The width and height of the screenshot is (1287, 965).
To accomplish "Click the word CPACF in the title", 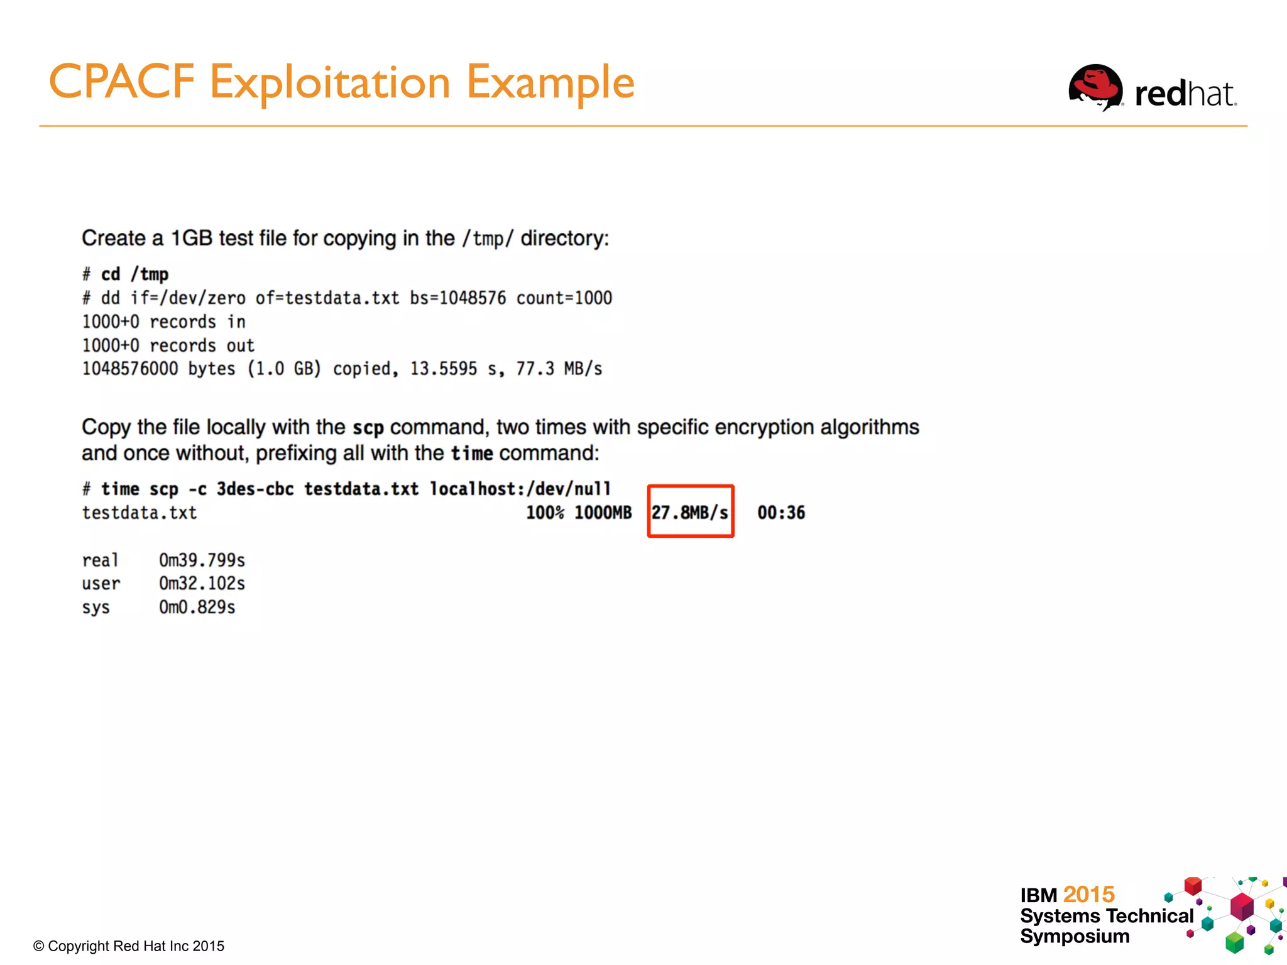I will [x=122, y=82].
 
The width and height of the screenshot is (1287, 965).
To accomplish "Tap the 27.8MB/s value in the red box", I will [x=690, y=513].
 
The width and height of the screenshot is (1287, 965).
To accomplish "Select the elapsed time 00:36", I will [x=781, y=513].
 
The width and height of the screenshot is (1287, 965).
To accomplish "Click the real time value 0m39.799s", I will [x=202, y=560].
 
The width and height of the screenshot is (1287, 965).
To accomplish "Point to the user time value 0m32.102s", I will [x=202, y=584].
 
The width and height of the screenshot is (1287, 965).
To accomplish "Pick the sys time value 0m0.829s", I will [x=197, y=608].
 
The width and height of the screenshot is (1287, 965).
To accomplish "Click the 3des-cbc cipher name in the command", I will [x=255, y=489].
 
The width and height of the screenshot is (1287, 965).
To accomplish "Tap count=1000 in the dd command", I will [x=564, y=298].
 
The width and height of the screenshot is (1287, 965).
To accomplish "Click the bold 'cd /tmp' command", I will [x=134, y=275].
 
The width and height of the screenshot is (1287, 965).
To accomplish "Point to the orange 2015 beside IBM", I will [x=1089, y=894].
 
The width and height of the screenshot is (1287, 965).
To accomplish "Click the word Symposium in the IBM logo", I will [x=1075, y=936].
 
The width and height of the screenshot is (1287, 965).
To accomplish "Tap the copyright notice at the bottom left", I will [x=129, y=946].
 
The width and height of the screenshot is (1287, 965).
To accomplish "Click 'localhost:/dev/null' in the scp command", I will [x=520, y=489].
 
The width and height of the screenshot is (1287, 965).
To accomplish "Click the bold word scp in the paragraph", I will [x=368, y=428].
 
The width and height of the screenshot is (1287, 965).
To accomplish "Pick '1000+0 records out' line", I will [x=168, y=346].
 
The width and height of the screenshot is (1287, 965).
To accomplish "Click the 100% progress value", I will [x=545, y=513].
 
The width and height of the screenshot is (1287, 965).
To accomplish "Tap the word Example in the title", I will [x=550, y=82].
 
